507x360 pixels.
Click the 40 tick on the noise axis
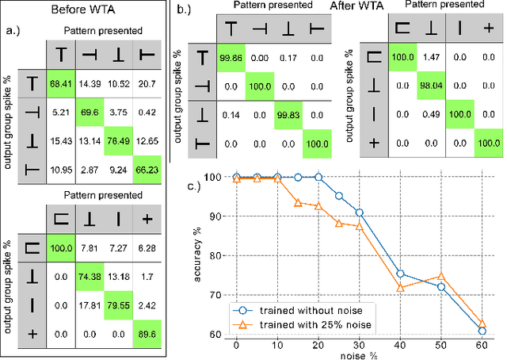click(x=401, y=347)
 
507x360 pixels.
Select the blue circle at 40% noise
click(x=401, y=273)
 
